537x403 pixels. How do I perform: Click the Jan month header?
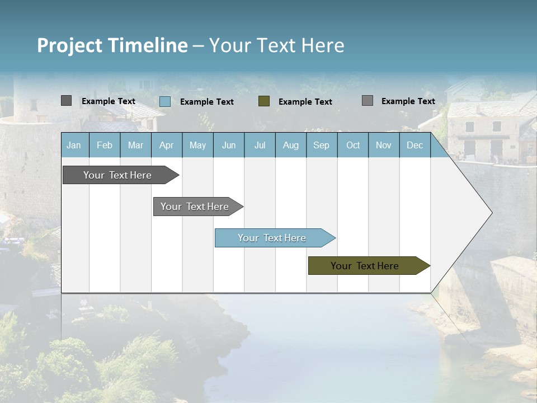coord(74,145)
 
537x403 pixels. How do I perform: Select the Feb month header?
coord(105,145)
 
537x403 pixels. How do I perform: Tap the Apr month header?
coord(166,145)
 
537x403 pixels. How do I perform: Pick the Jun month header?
coord(229,145)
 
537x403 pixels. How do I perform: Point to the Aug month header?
coord(290,145)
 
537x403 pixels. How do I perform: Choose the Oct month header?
coord(353,145)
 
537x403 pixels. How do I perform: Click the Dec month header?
coord(414,145)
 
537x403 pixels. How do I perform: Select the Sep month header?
coord(321,145)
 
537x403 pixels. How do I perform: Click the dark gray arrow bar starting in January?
coord(117,175)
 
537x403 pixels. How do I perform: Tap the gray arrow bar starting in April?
coord(195,207)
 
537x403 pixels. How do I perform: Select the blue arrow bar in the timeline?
coord(272,238)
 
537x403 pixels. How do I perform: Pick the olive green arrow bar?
coord(365,266)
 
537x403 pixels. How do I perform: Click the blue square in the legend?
coord(165,101)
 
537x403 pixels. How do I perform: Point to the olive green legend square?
coord(264,101)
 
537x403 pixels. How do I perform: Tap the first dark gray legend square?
coord(67,101)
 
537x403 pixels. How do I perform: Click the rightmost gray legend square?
coord(368,101)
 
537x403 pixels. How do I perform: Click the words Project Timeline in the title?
coord(112,45)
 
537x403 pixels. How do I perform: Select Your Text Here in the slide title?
coord(277,45)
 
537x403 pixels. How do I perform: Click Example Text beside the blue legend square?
coord(207,102)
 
